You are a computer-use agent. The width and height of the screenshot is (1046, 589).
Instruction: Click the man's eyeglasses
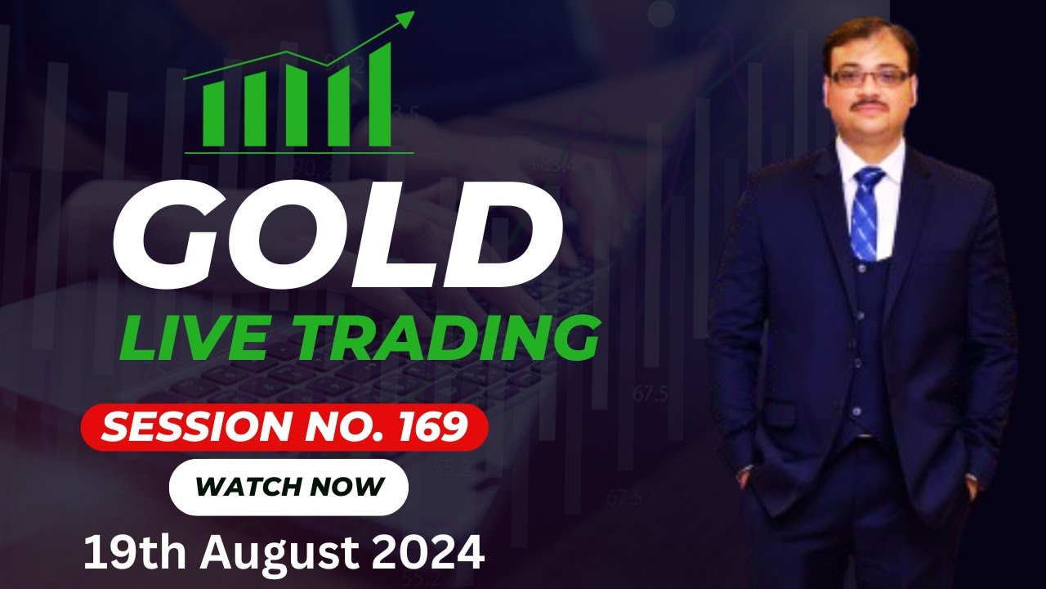click(x=869, y=78)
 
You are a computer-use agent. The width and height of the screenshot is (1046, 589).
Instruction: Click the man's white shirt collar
click(x=850, y=164)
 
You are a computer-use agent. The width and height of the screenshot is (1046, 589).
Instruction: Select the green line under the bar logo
click(x=299, y=152)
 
